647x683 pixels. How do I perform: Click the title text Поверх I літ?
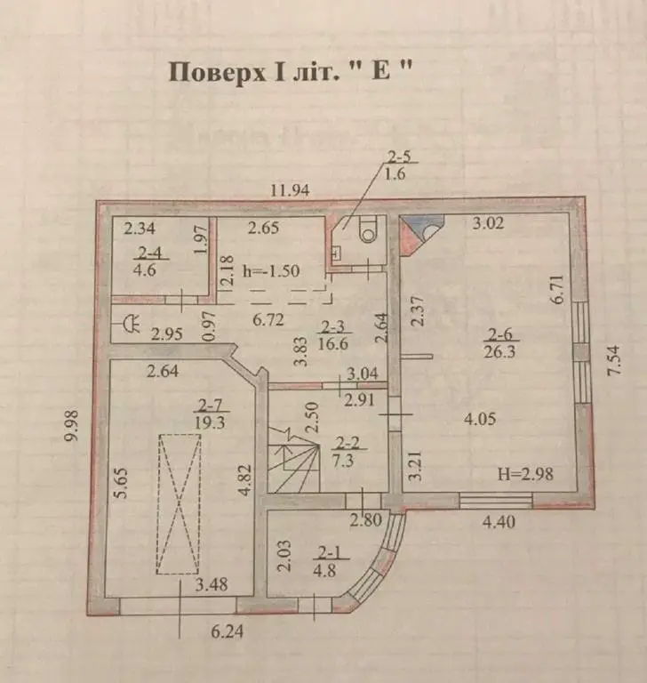coord(255,72)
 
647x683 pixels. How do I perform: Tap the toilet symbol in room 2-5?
coord(369,230)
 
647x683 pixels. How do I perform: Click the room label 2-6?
coord(499,334)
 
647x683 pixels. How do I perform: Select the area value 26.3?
coord(499,351)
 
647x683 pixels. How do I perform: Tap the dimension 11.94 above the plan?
coord(290,190)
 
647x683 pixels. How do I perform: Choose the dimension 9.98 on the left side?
coord(71,425)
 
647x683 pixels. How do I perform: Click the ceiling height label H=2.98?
coord(525,473)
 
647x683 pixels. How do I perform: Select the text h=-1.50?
coord(271,271)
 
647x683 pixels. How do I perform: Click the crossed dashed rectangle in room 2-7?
coord(180,504)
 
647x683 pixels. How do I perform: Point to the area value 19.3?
coord(210,422)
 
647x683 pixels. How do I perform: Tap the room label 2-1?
coord(330,553)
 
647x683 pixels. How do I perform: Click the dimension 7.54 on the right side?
coord(613,360)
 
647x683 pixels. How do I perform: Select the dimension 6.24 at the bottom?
coord(227,631)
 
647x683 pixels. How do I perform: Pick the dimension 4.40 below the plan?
coord(499,521)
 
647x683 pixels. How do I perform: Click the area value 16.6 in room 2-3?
coord(333,343)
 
